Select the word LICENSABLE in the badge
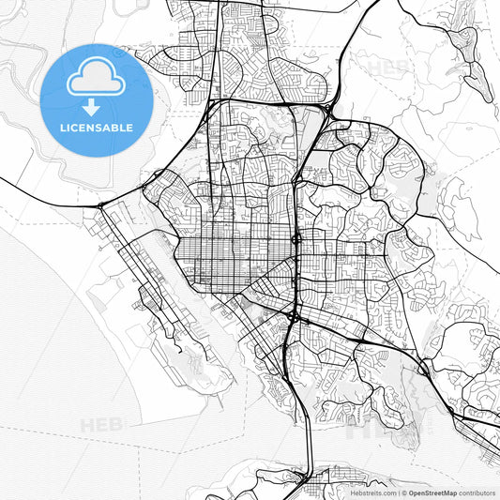[x=97, y=128]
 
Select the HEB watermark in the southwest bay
[x=100, y=424]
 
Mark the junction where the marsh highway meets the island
[x=100, y=205]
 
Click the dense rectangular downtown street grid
[x=235, y=253]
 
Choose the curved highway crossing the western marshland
[x=47, y=186]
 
